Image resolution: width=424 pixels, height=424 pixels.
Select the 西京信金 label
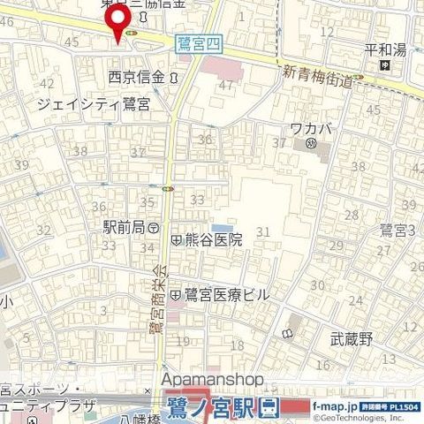pyautogui.click(x=136, y=77)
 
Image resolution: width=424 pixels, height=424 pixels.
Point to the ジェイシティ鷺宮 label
pyautogui.click(x=93, y=104)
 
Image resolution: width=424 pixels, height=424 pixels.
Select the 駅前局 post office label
pyautogui.click(x=123, y=227)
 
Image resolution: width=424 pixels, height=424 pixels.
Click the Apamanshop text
pyautogui.click(x=212, y=379)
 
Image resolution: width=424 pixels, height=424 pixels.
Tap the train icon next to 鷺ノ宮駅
pyautogui.click(x=269, y=407)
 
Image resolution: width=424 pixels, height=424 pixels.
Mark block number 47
pyautogui.click(x=227, y=86)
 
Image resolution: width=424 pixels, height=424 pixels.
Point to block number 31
pyautogui.click(x=261, y=231)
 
